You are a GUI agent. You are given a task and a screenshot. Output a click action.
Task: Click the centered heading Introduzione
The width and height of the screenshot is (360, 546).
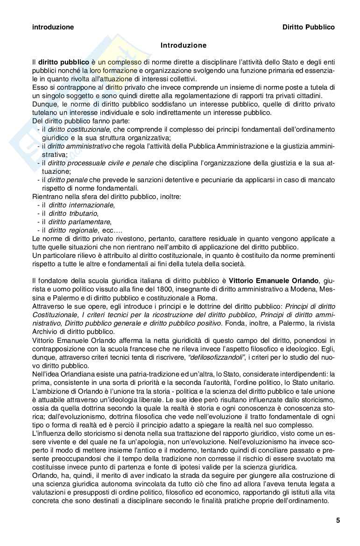click(183, 45)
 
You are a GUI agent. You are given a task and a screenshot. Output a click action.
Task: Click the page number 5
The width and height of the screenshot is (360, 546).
click(338, 520)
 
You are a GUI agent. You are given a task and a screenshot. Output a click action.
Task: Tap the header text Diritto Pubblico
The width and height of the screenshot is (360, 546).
click(309, 27)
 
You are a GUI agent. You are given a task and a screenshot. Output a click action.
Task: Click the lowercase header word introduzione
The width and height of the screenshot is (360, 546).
click(53, 27)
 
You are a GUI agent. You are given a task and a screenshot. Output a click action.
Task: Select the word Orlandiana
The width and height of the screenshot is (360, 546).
click(70, 374)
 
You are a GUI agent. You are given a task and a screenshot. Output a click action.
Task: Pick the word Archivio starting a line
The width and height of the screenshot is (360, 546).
click(44, 332)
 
